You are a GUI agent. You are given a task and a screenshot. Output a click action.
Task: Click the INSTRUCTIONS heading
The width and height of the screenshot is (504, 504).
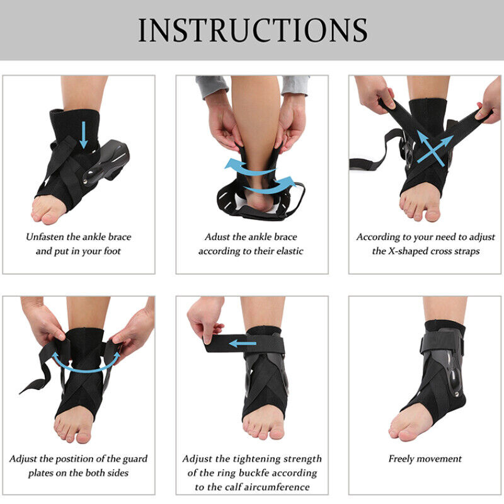coord(253,30)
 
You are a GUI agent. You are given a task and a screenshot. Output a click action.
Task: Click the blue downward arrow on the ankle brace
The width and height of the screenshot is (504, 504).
coord(84,135)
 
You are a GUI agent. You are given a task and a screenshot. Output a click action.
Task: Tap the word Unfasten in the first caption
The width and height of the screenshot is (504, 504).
coord(45,237)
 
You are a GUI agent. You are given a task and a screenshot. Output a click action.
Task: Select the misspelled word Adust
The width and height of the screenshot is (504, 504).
coord(217,237)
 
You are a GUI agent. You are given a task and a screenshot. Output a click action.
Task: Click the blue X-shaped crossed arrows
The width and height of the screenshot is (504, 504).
coord(435,149)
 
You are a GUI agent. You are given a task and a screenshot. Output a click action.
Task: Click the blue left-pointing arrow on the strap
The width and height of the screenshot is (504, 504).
coord(243,343)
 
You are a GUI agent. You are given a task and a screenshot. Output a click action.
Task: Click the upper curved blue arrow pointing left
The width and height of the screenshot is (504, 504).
coord(248,167)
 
